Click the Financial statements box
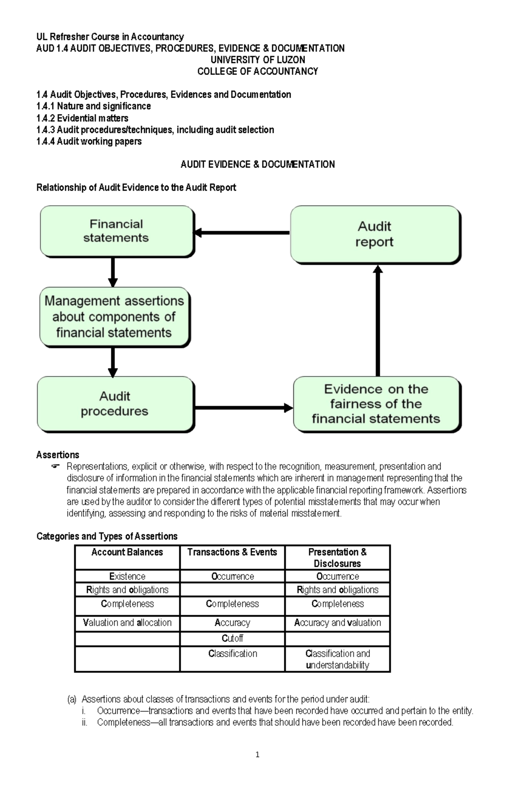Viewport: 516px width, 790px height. click(116, 231)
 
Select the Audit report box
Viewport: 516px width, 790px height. click(375, 234)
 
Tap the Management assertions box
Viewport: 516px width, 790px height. click(114, 316)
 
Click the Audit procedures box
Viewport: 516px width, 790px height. click(115, 404)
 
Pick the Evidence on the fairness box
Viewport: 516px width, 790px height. click(376, 404)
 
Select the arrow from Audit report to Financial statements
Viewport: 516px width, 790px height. click(242, 233)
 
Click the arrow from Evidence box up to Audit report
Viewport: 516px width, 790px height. click(378, 320)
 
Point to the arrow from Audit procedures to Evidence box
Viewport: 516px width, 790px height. click(243, 407)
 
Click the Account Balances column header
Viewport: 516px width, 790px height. click(127, 552)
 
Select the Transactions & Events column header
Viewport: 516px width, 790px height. click(232, 552)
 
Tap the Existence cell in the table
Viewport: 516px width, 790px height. click(127, 576)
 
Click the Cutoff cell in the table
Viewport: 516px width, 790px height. click(232, 638)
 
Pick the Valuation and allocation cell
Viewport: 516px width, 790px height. click(127, 623)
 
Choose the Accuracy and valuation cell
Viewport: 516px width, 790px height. click(338, 623)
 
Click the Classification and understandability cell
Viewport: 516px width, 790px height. click(338, 659)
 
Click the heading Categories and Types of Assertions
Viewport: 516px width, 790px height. click(107, 536)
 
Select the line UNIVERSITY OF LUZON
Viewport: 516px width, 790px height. click(258, 60)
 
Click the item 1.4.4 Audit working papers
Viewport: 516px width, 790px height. click(89, 141)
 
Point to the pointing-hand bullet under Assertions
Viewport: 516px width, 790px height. click(55, 467)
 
